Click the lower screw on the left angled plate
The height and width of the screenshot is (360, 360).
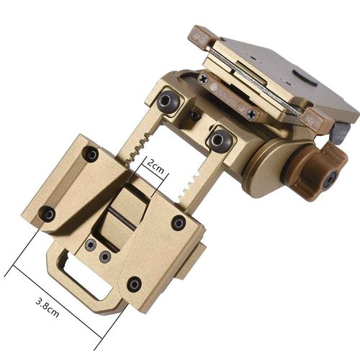tap(48, 212)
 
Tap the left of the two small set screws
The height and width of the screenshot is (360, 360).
tap(89, 245)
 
